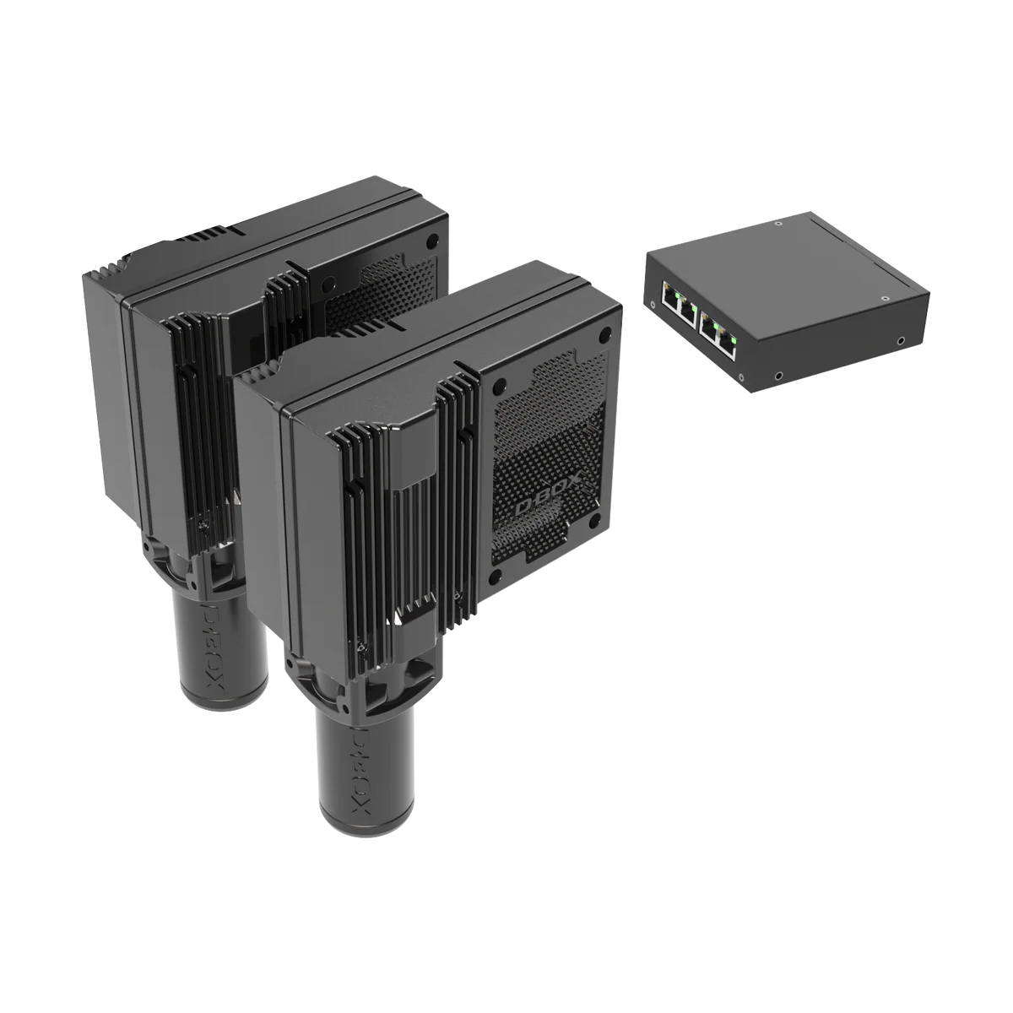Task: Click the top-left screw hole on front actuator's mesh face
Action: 500,384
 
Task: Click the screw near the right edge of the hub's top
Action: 883,298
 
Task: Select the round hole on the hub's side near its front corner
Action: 778,373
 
